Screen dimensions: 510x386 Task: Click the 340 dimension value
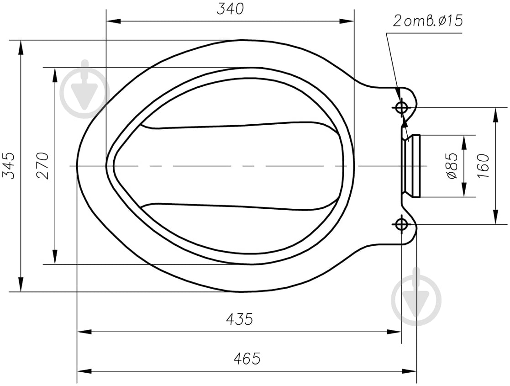pos(230,9)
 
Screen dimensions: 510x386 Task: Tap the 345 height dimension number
pos(9,166)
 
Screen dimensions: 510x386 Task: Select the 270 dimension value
pos(42,166)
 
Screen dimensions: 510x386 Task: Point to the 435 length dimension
pos(239,319)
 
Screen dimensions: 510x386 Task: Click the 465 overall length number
pos(247,358)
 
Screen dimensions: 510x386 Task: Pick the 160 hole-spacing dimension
pos(484,166)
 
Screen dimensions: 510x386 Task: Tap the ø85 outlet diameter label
pos(452,166)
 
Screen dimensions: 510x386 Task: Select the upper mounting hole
pos(402,107)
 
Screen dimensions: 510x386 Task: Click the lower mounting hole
pos(402,224)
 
